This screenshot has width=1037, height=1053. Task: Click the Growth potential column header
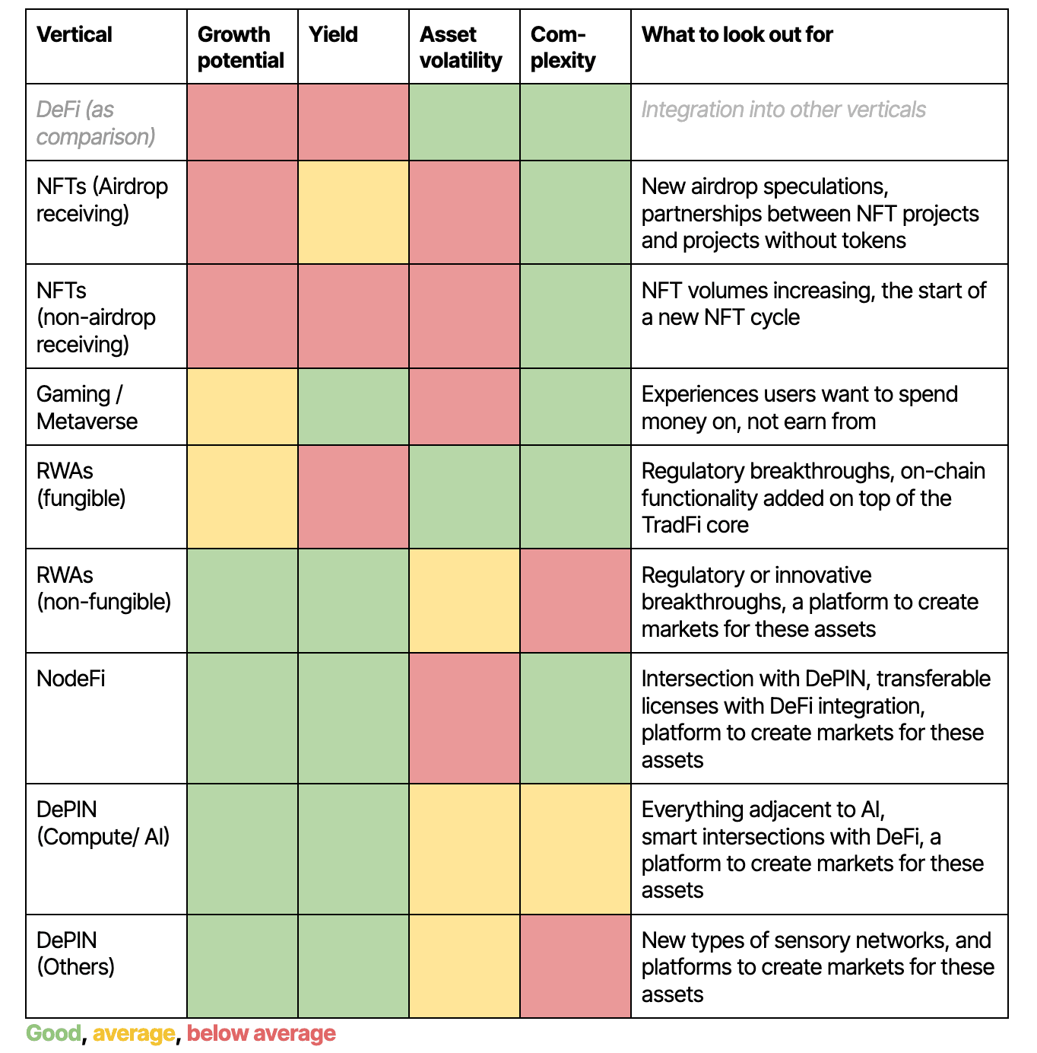[x=240, y=47]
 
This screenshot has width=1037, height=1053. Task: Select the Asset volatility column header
[x=461, y=47]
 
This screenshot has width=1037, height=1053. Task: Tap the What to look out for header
[x=737, y=34]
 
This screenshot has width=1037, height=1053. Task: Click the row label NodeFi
[x=71, y=678]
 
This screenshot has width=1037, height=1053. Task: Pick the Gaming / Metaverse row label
[x=87, y=408]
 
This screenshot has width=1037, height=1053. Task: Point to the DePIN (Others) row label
[x=75, y=953]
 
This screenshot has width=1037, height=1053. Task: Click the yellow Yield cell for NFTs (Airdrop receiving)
[x=354, y=212]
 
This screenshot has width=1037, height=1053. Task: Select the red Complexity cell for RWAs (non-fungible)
[x=576, y=600]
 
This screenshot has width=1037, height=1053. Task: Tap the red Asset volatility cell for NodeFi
[x=465, y=718]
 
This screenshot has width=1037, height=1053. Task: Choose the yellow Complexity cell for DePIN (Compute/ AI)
[x=576, y=849]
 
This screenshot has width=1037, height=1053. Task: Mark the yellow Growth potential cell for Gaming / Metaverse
[x=243, y=407]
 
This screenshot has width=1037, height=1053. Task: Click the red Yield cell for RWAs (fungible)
[x=354, y=497]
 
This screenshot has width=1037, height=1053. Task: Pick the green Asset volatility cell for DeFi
[x=465, y=122]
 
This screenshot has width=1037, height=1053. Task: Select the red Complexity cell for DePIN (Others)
[x=576, y=966]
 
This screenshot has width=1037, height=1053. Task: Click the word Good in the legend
[x=53, y=1033]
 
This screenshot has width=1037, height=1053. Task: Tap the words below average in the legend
[x=261, y=1033]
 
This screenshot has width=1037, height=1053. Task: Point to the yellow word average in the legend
[x=134, y=1033]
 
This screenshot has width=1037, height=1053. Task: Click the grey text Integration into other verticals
[x=783, y=110]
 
